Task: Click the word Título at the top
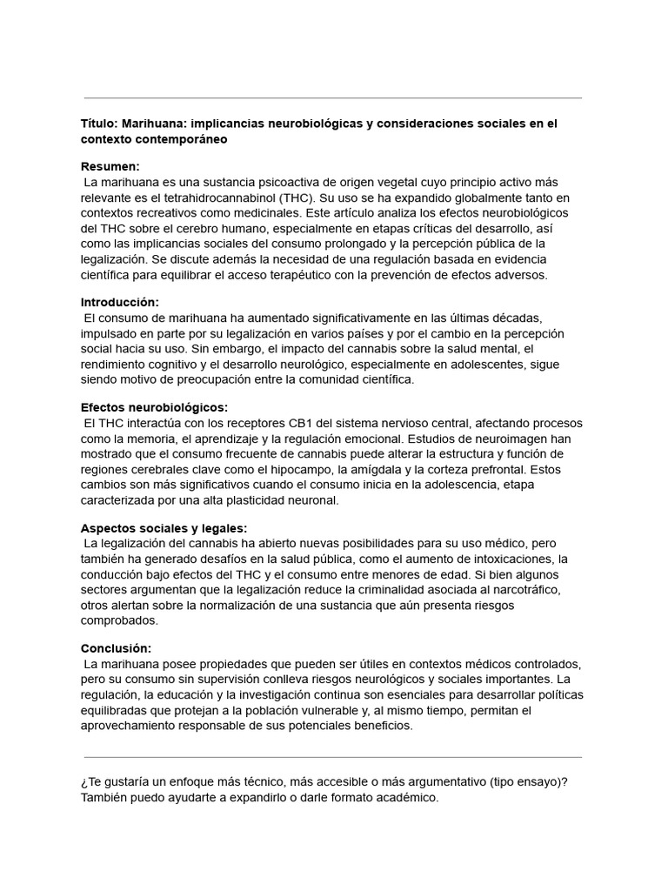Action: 99,124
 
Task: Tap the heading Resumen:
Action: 110,166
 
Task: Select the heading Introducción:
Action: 120,302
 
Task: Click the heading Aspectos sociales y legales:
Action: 164,527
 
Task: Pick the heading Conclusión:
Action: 116,648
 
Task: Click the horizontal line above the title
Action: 333,98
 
